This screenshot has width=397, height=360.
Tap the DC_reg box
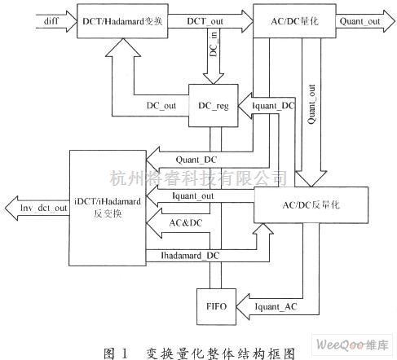click(x=211, y=106)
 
